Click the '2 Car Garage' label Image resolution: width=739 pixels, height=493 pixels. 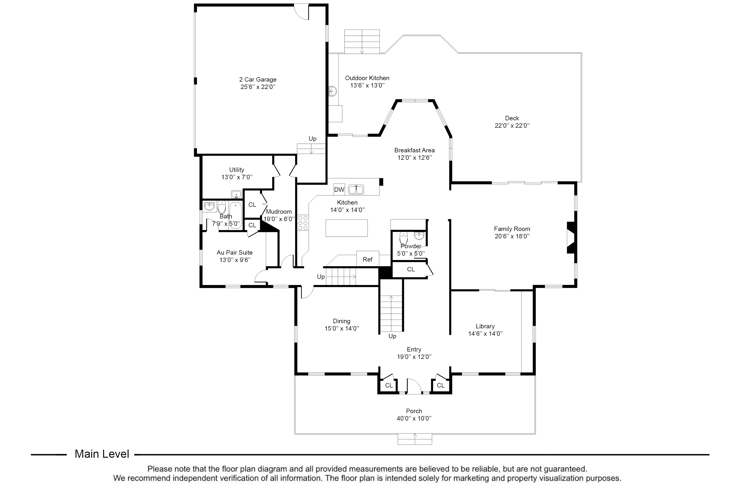coord(258,80)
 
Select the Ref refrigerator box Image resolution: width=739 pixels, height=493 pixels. coord(367,259)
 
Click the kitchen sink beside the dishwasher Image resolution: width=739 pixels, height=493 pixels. coord(356,189)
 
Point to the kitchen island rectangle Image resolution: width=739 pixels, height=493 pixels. coord(347,228)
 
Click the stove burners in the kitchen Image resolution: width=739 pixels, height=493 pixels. coord(303,223)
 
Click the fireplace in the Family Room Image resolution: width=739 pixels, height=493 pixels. coord(571,238)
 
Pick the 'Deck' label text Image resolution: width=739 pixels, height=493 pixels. coord(512,118)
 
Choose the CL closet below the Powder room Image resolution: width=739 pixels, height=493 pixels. coord(411,269)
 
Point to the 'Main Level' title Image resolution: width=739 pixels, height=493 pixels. coord(102,454)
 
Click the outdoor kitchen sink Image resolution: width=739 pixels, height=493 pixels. coord(333,91)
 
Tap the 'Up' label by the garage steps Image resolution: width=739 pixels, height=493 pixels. coord(312,139)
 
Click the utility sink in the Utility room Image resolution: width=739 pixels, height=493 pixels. coord(236,194)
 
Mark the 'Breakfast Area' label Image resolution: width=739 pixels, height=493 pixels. coord(414,150)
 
